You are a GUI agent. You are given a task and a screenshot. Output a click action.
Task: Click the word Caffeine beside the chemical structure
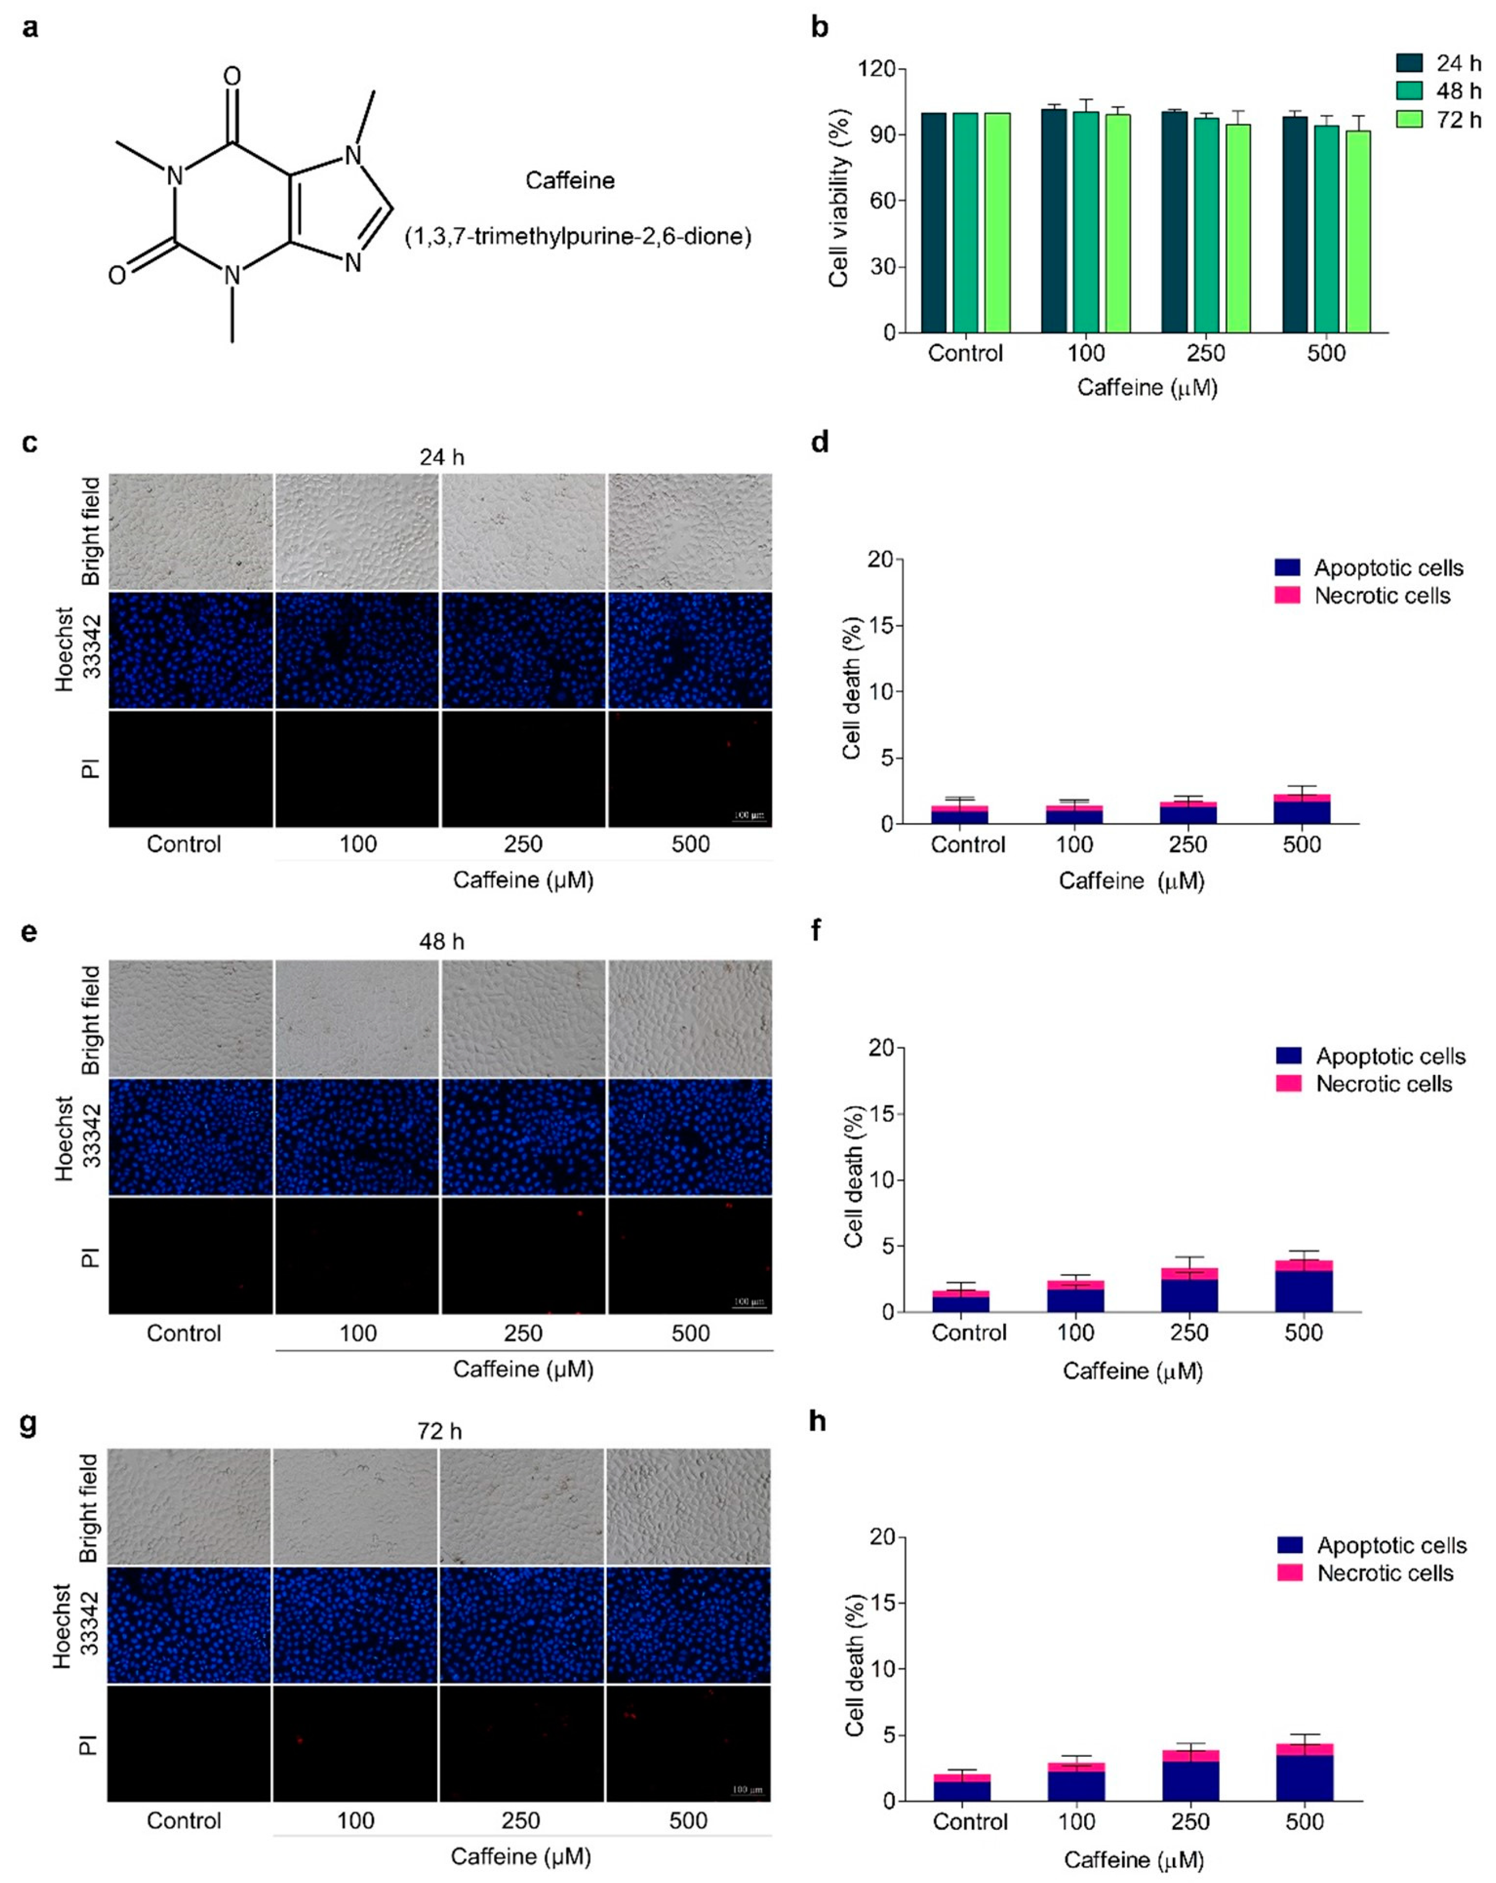point(570,181)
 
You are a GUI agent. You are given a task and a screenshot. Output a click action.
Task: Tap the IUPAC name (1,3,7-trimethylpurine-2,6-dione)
point(577,237)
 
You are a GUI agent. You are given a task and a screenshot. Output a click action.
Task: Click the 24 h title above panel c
point(441,457)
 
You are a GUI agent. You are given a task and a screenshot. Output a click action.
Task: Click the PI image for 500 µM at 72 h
point(689,1743)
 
